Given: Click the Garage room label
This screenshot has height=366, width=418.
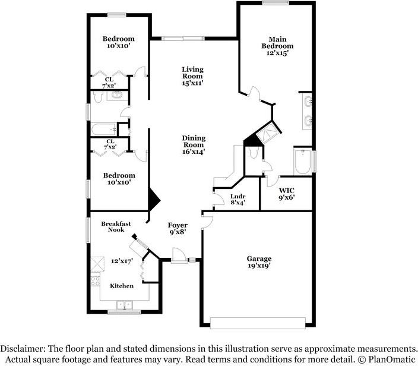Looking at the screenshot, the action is click(259, 258).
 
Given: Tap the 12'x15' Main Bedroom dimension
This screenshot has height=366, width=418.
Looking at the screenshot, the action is click(277, 53).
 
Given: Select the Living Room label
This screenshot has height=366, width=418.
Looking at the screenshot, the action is click(193, 72).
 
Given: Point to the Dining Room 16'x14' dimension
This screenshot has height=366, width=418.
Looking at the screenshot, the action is click(194, 152).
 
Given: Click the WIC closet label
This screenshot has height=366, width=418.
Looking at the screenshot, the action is click(287, 191).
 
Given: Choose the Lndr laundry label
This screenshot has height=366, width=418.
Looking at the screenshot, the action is click(237, 196).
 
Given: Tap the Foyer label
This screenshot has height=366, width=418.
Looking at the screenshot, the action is click(178, 225).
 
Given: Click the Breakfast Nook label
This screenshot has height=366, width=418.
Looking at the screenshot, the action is click(116, 226).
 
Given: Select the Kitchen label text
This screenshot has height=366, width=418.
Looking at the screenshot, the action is click(122, 286).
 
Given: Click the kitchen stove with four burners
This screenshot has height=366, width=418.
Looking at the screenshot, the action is click(96, 280).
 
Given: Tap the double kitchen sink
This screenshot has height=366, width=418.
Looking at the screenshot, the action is click(125, 305).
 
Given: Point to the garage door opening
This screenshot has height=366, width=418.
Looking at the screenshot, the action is click(258, 323).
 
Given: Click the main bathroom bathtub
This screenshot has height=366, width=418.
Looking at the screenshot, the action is click(303, 162).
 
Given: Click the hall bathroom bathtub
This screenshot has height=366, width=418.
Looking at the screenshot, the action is click(104, 130).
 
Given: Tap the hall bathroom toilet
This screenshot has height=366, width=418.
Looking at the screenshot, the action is click(98, 97).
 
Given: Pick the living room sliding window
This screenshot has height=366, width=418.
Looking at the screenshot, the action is click(183, 39).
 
